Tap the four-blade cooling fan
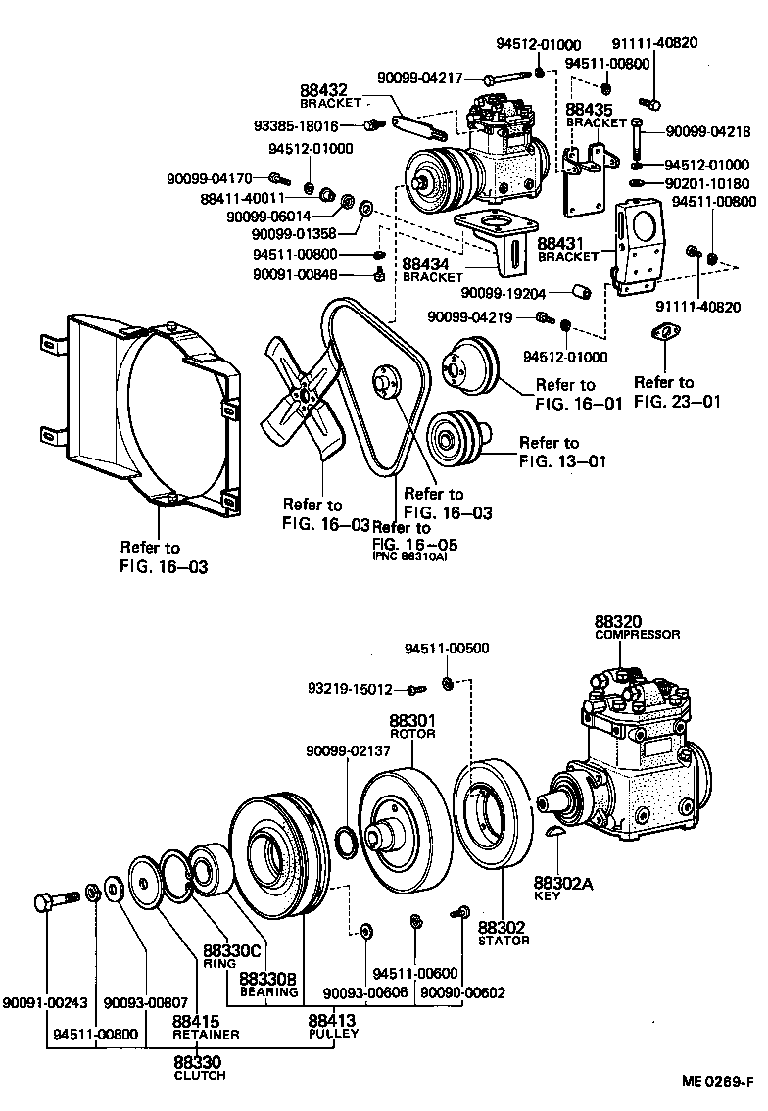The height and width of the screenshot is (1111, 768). (x=304, y=397)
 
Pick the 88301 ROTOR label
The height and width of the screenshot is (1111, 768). (x=411, y=725)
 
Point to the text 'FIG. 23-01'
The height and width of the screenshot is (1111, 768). (x=677, y=400)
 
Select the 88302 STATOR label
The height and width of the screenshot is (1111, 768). (x=503, y=933)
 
